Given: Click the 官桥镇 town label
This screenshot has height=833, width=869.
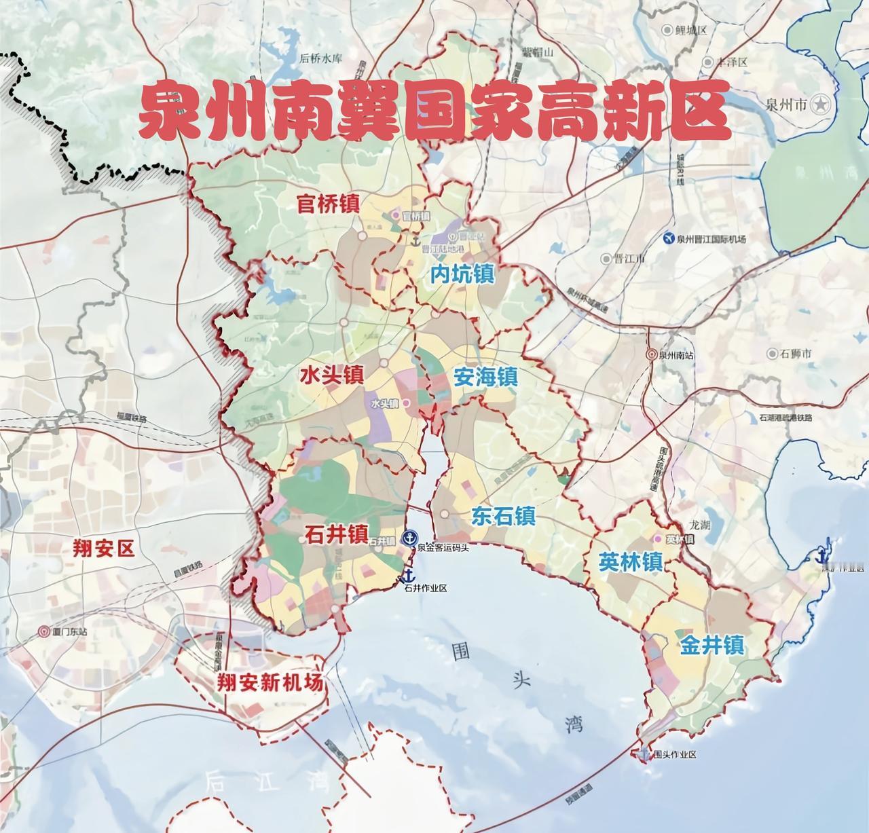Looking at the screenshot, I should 328,203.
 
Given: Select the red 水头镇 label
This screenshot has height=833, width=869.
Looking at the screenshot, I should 333,375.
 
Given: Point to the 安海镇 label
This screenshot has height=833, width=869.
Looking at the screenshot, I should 485,377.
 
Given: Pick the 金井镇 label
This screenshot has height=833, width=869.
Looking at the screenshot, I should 712,644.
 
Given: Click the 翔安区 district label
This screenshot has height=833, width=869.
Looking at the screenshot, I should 103,548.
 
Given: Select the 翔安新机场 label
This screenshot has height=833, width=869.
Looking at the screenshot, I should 270,682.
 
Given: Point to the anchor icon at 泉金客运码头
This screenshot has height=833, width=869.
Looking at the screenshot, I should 409,538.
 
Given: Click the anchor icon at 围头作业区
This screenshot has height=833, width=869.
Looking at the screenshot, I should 644,754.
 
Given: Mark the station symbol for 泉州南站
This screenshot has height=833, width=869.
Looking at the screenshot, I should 650,354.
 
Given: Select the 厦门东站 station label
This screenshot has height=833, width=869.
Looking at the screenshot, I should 69,631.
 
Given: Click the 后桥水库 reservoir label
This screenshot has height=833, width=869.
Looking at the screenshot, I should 321,58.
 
